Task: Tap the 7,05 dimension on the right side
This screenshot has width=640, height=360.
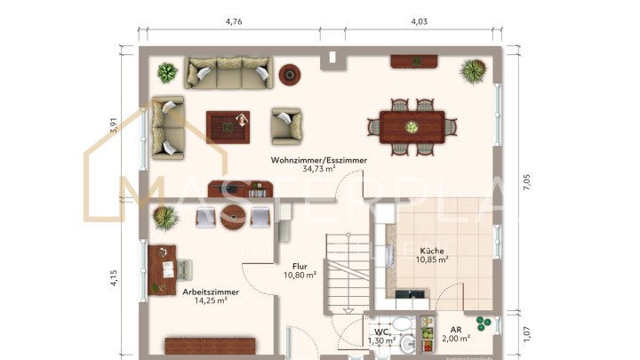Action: [527, 184]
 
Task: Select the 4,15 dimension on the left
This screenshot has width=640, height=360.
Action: [114, 277]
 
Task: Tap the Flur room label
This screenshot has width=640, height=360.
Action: [300, 265]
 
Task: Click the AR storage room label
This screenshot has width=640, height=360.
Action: [455, 328]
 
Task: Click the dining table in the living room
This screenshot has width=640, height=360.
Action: [412, 125]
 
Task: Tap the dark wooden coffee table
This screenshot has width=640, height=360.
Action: [228, 126]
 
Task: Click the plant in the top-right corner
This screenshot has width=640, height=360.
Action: [473, 69]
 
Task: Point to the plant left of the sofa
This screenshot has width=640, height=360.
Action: [166, 73]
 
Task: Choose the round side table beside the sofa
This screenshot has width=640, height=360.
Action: [290, 73]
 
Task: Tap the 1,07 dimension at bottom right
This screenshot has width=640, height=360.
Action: [527, 333]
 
